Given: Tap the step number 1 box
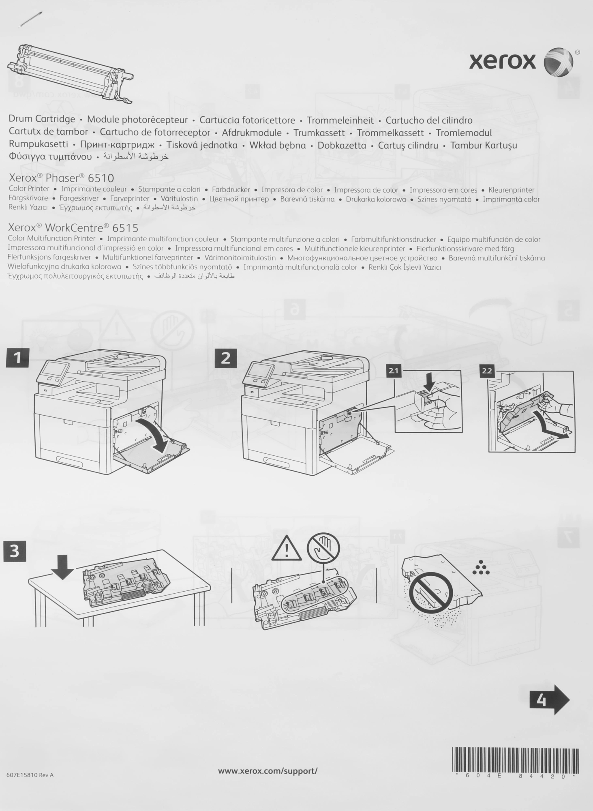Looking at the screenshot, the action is pyautogui.click(x=17, y=358).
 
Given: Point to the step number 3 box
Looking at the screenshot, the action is pyautogui.click(x=14, y=551).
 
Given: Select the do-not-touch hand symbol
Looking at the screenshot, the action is pyautogui.click(x=323, y=547).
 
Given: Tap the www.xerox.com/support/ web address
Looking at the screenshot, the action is pyautogui.click(x=268, y=770).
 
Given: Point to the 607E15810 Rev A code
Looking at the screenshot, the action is pyautogui.click(x=30, y=775).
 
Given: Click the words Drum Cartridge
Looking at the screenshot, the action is pyautogui.click(x=42, y=119).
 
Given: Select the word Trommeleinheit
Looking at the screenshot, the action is pyautogui.click(x=340, y=120).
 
